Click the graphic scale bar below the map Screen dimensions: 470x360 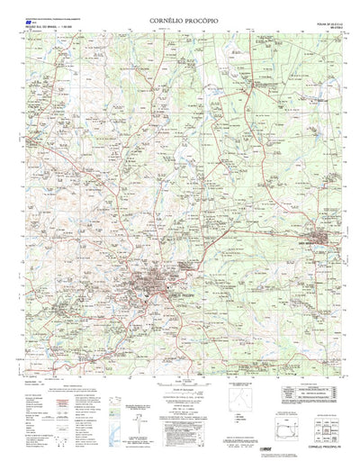coord(180,397)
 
